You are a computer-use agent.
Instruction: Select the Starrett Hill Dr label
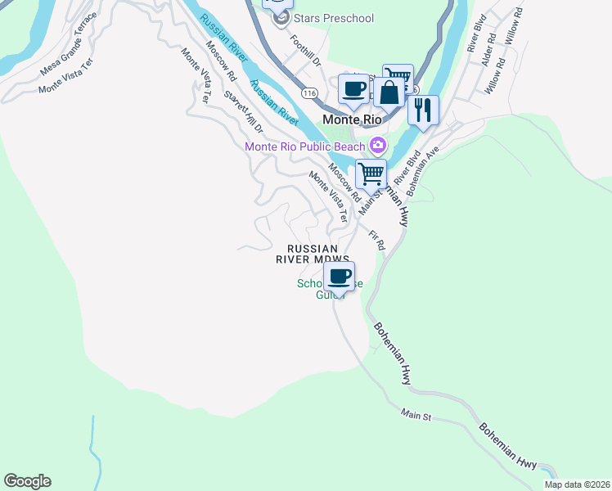[244, 112]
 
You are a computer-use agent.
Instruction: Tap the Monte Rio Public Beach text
[305, 146]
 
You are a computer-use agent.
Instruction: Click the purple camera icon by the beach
[377, 146]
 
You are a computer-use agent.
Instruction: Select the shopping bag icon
[389, 92]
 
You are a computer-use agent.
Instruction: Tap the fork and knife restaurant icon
[422, 110]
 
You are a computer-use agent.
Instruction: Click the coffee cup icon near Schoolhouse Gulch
[339, 276]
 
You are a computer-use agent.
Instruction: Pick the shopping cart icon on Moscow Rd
[371, 173]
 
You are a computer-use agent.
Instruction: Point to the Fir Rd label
[377, 238]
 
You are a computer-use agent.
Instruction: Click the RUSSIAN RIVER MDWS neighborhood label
[323, 254]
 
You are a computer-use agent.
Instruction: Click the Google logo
[27, 480]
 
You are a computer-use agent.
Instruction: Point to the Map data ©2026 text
[576, 484]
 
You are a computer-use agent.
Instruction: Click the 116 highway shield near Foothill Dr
[308, 93]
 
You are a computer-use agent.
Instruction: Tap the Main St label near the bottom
[416, 417]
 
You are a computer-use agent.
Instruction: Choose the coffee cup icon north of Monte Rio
[353, 88]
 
